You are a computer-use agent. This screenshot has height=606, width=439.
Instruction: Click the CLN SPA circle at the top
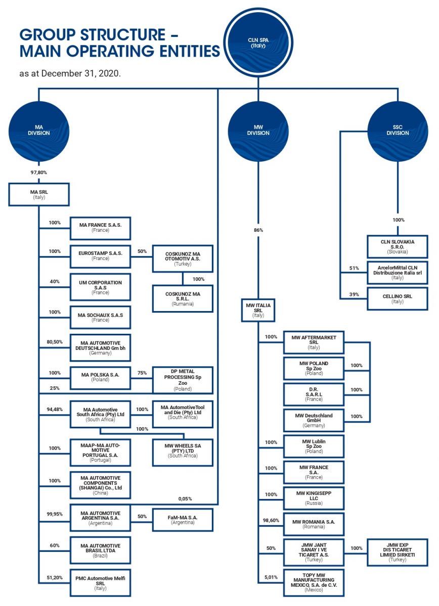(258, 42)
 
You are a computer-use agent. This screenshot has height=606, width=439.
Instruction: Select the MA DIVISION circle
(39, 130)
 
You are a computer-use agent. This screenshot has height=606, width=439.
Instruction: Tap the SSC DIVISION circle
(398, 130)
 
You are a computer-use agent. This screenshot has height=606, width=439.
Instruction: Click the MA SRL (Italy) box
(39, 194)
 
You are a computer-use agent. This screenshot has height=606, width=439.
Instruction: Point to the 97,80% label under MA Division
(39, 173)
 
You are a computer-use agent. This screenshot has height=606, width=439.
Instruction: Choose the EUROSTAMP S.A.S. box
(100, 256)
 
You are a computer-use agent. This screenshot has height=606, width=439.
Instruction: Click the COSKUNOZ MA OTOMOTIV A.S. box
(183, 259)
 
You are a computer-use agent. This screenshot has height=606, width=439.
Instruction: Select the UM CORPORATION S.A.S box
(100, 287)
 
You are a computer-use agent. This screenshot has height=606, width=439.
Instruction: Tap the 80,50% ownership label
(55, 342)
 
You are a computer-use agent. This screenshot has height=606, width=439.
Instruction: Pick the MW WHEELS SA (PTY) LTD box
(183, 452)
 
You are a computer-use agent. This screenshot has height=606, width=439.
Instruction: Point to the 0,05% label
(185, 498)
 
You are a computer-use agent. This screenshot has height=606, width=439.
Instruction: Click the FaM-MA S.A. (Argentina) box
(183, 520)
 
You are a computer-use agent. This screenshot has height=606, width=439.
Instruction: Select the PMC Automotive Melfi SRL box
(100, 583)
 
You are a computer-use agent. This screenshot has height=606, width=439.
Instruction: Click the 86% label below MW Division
(258, 230)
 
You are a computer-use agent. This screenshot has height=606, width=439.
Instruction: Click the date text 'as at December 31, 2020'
(70, 73)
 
